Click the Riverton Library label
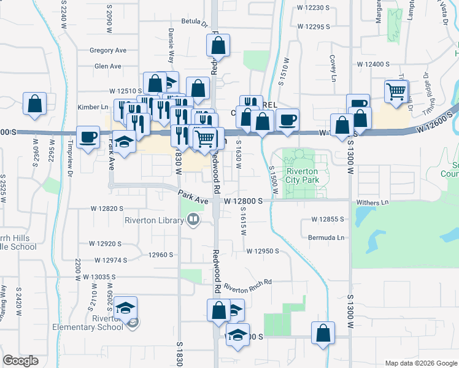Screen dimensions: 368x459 (x=155, y=220)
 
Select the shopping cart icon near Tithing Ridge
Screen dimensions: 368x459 (x=396, y=92)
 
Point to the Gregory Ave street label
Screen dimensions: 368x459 (x=107, y=50)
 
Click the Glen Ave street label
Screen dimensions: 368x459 (x=108, y=66)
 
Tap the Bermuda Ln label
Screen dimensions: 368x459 (x=328, y=237)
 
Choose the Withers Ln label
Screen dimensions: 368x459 (x=372, y=202)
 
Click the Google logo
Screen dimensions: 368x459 (x=20, y=361)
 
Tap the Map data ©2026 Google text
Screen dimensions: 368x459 (x=420, y=363)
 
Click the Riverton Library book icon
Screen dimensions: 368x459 (x=193, y=219)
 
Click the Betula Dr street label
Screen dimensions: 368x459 (x=194, y=23)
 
